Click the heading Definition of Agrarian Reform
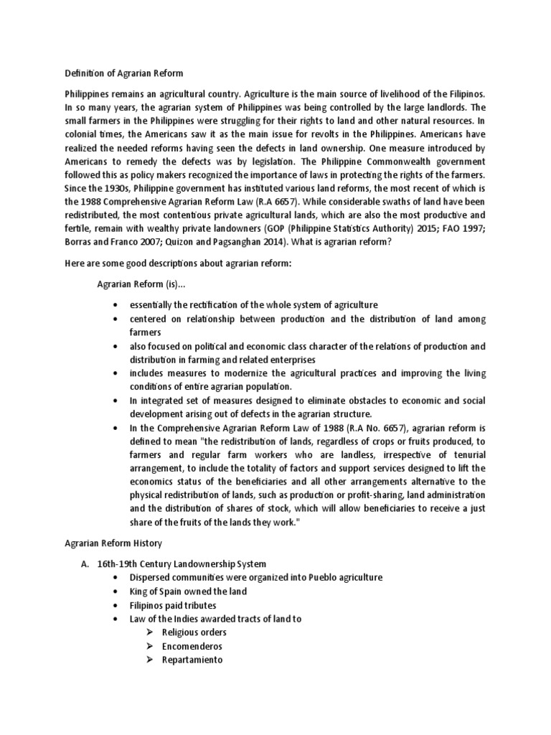[x=124, y=72]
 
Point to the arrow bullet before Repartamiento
[x=148, y=660]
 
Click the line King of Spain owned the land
[x=188, y=591]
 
